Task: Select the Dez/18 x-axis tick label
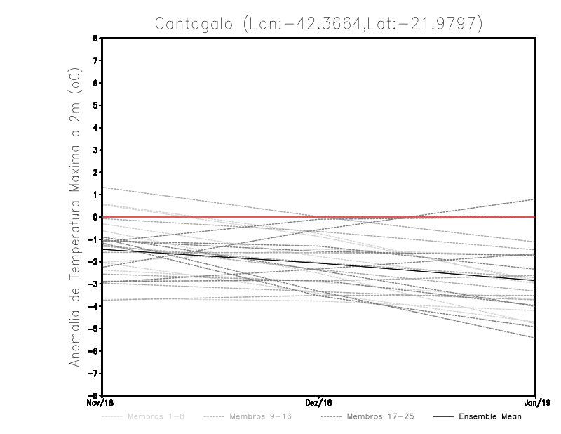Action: tap(319, 403)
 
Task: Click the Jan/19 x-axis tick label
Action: tap(536, 403)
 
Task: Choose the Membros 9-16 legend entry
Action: tap(260, 416)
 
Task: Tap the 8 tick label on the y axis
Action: tap(95, 39)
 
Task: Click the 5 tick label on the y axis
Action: tap(95, 105)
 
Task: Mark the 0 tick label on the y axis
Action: tap(95, 217)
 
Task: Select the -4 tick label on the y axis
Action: tap(93, 306)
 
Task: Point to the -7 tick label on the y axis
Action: tap(93, 373)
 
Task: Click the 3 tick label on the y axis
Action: tap(95, 150)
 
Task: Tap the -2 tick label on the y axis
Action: tap(93, 262)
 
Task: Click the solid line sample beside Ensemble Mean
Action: tap(442, 416)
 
